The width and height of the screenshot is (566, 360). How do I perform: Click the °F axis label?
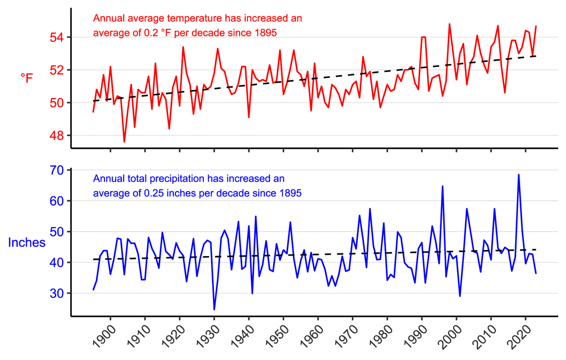27,78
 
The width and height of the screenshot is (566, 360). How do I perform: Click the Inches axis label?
27,242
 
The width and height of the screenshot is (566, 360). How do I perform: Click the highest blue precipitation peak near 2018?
519,175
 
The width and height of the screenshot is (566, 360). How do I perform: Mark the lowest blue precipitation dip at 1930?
214,310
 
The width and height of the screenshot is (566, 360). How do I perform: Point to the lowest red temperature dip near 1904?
124,142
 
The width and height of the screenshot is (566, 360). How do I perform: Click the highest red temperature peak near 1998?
449,24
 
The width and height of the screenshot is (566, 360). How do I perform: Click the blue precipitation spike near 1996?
442,186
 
